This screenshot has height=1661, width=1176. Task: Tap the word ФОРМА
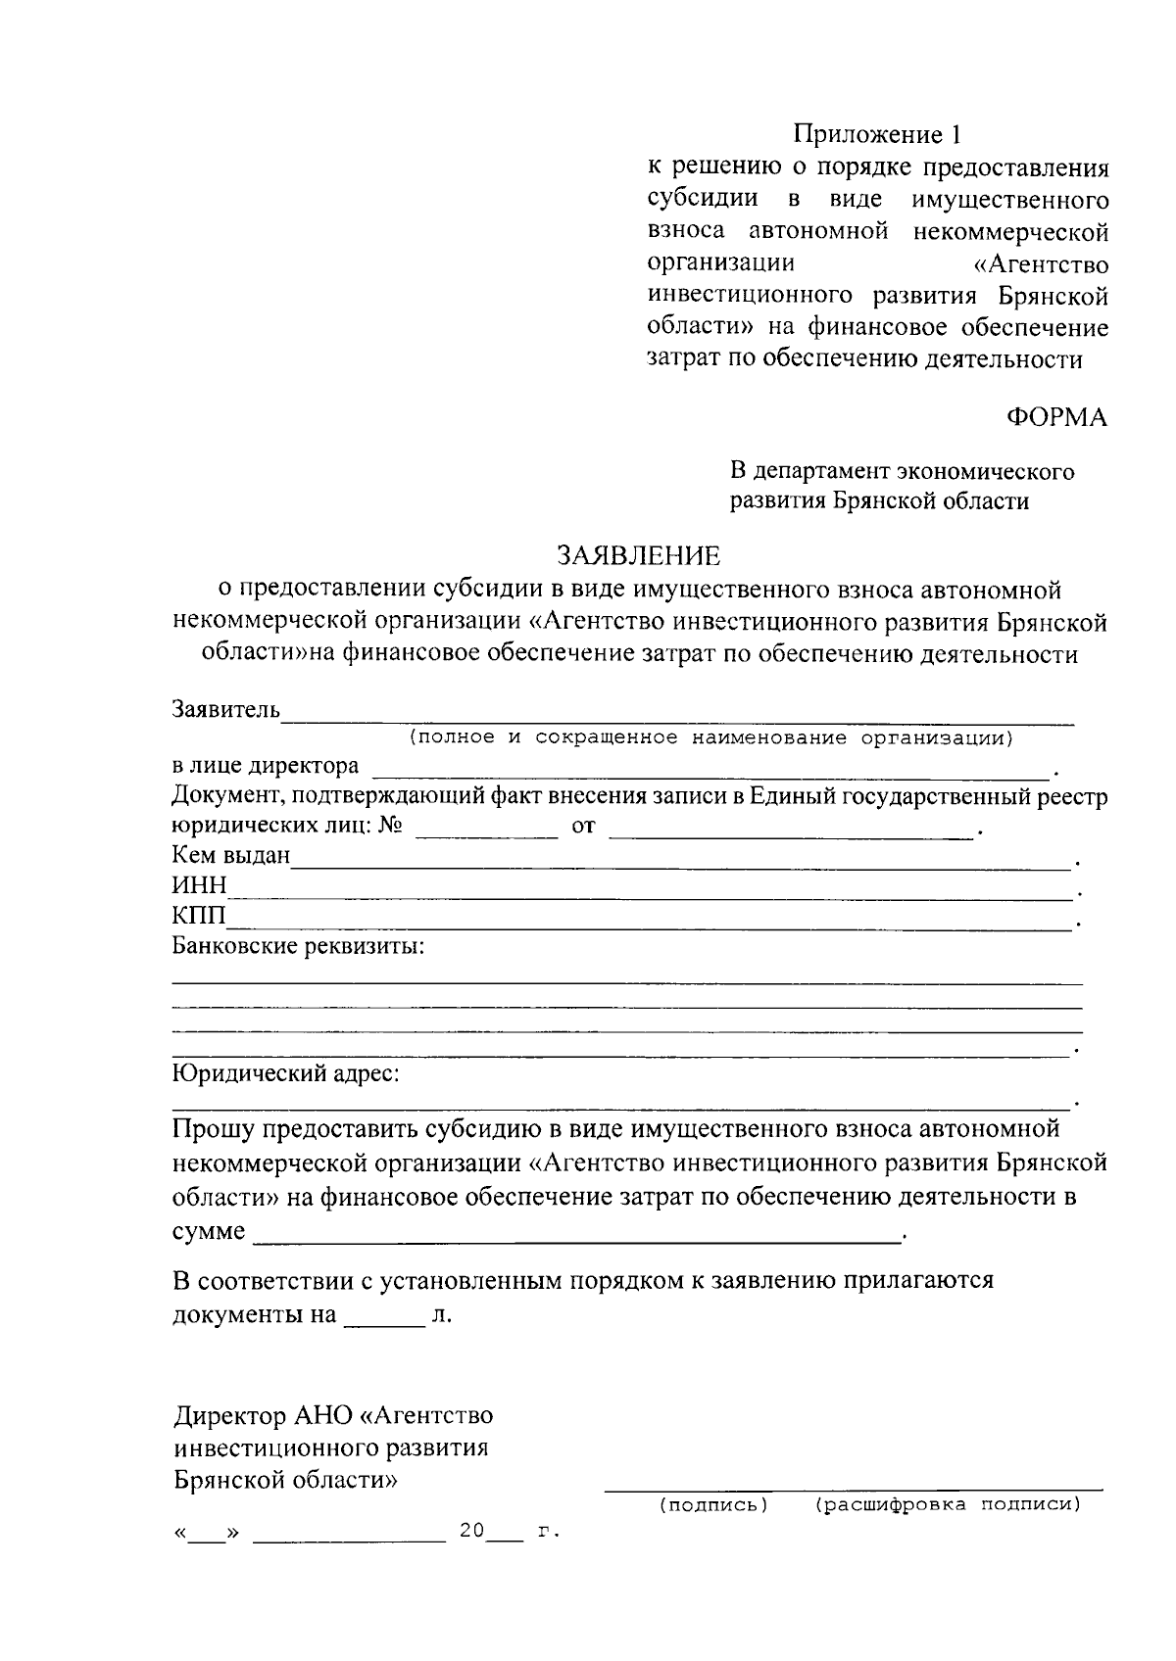pyautogui.click(x=1056, y=418)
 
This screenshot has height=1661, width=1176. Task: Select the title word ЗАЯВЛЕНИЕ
pyautogui.click(x=638, y=556)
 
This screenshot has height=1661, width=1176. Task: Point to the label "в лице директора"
pyautogui.click(x=266, y=765)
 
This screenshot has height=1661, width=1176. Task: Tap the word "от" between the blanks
pyautogui.click(x=583, y=827)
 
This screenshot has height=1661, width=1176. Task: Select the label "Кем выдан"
pyautogui.click(x=231, y=856)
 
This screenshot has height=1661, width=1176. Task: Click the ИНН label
pyautogui.click(x=199, y=886)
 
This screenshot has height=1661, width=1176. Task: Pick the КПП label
pyautogui.click(x=199, y=917)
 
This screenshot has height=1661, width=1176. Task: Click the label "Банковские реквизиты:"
pyautogui.click(x=298, y=947)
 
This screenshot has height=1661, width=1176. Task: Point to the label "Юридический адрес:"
pyautogui.click(x=286, y=1073)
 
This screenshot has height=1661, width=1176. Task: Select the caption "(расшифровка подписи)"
pyautogui.click(x=947, y=1503)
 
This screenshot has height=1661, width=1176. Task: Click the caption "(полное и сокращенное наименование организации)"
pyautogui.click(x=711, y=737)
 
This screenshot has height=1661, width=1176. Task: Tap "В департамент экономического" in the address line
pyautogui.click(x=903, y=472)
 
